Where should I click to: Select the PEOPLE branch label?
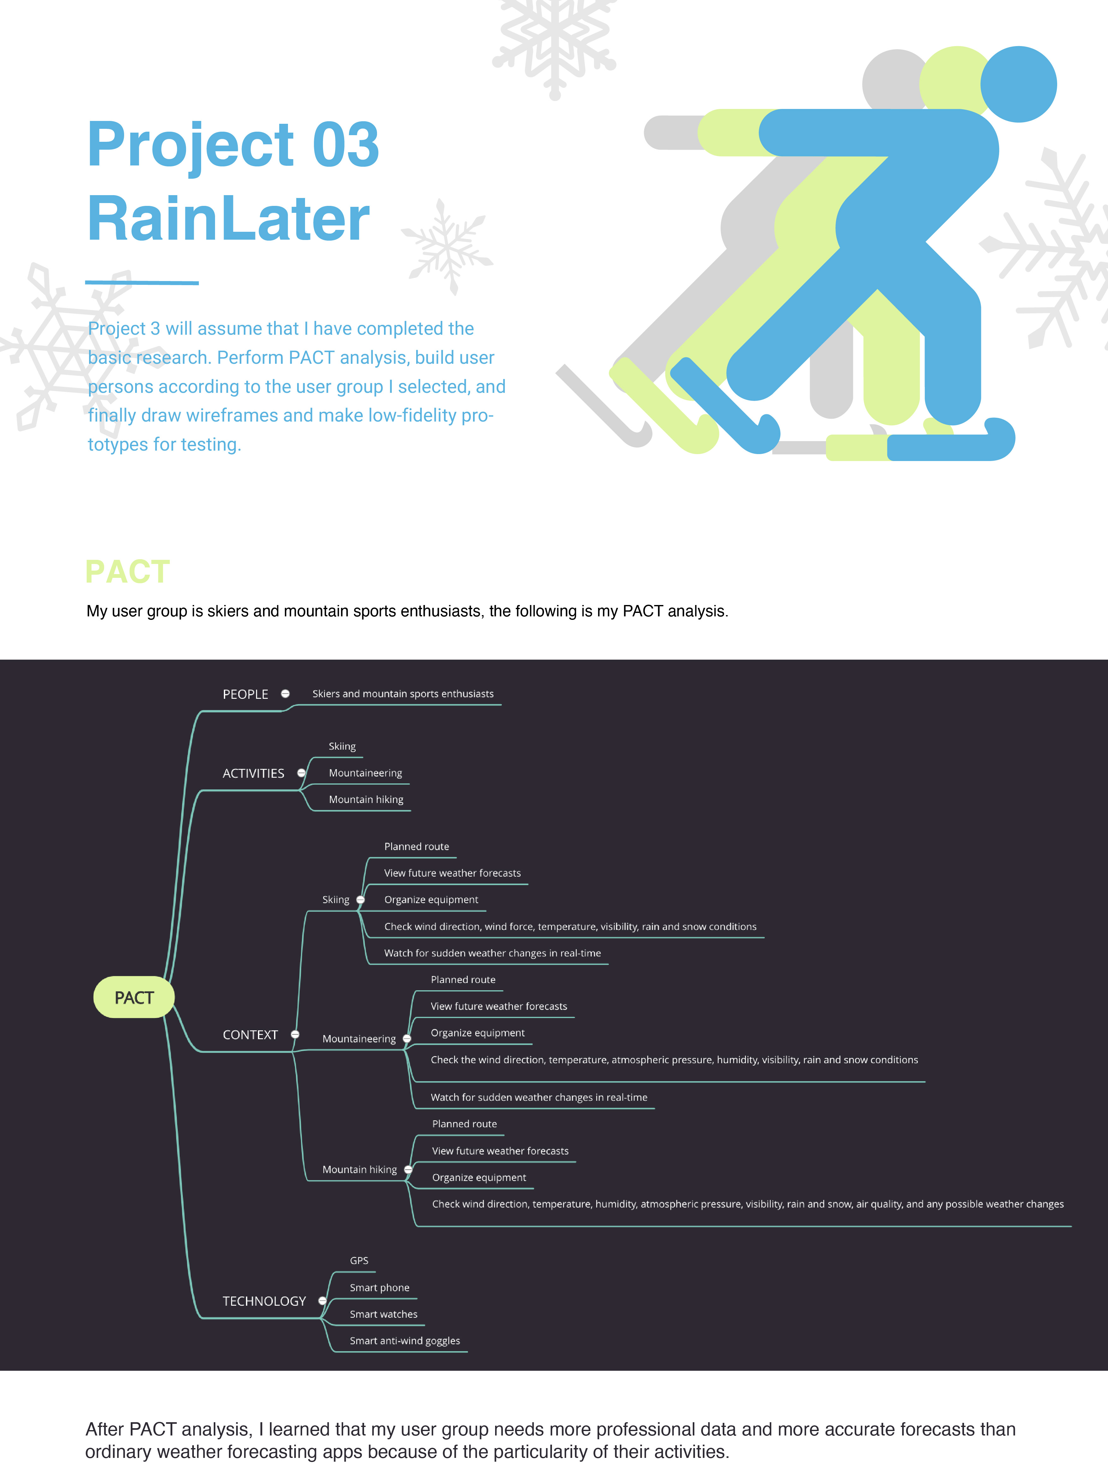246,694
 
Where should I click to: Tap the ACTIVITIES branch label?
254,773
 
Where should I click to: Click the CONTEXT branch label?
250,1035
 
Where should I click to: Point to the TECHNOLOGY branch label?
264,1301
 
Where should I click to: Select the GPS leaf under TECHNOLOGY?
359,1261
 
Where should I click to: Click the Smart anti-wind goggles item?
405,1341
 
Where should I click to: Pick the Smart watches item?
383,1314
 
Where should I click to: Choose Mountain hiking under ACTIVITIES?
366,800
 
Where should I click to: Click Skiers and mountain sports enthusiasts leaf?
403,694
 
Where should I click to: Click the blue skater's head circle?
1018,84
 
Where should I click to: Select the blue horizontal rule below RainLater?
142,282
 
